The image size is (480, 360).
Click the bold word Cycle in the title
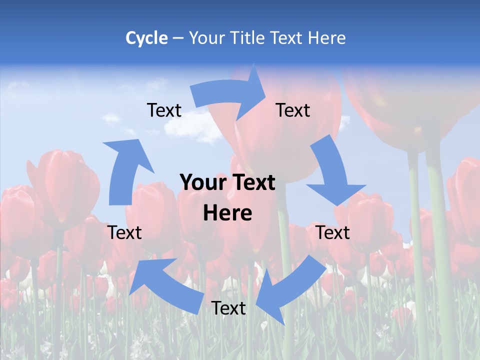coord(146,38)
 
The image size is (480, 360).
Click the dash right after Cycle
coord(178,38)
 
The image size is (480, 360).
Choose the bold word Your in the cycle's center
coord(203,182)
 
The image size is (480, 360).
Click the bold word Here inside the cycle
coord(227,213)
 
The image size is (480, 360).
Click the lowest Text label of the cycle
coord(228,308)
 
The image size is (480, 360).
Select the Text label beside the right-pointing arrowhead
coord(293,110)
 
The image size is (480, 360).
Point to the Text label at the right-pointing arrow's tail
coord(164,110)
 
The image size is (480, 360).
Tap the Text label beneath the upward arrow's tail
coord(125,232)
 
